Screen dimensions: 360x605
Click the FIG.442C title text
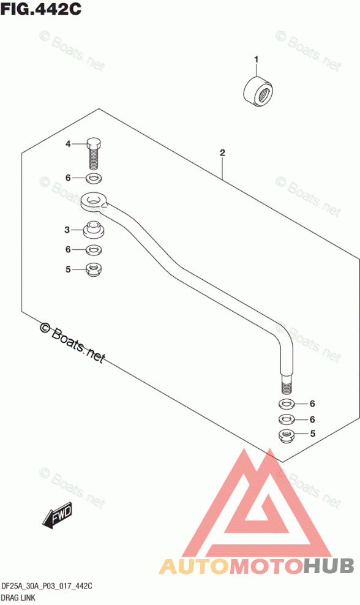41,9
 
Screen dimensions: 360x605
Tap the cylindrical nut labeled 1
258,92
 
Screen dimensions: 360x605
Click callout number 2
222,152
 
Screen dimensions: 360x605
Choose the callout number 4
68,144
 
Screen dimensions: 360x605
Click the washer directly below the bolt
92,179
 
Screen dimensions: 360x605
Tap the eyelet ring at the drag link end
94,201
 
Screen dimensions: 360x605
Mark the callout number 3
67,230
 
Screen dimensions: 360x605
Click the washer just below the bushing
93,250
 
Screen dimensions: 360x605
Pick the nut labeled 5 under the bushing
93,269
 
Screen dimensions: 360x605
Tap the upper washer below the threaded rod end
287,404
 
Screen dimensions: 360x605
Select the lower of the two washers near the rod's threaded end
287,419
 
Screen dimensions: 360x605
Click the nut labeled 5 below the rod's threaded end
287,435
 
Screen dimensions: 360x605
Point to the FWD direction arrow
57,515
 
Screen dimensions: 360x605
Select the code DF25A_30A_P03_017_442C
47,587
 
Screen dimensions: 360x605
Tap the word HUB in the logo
328,566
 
